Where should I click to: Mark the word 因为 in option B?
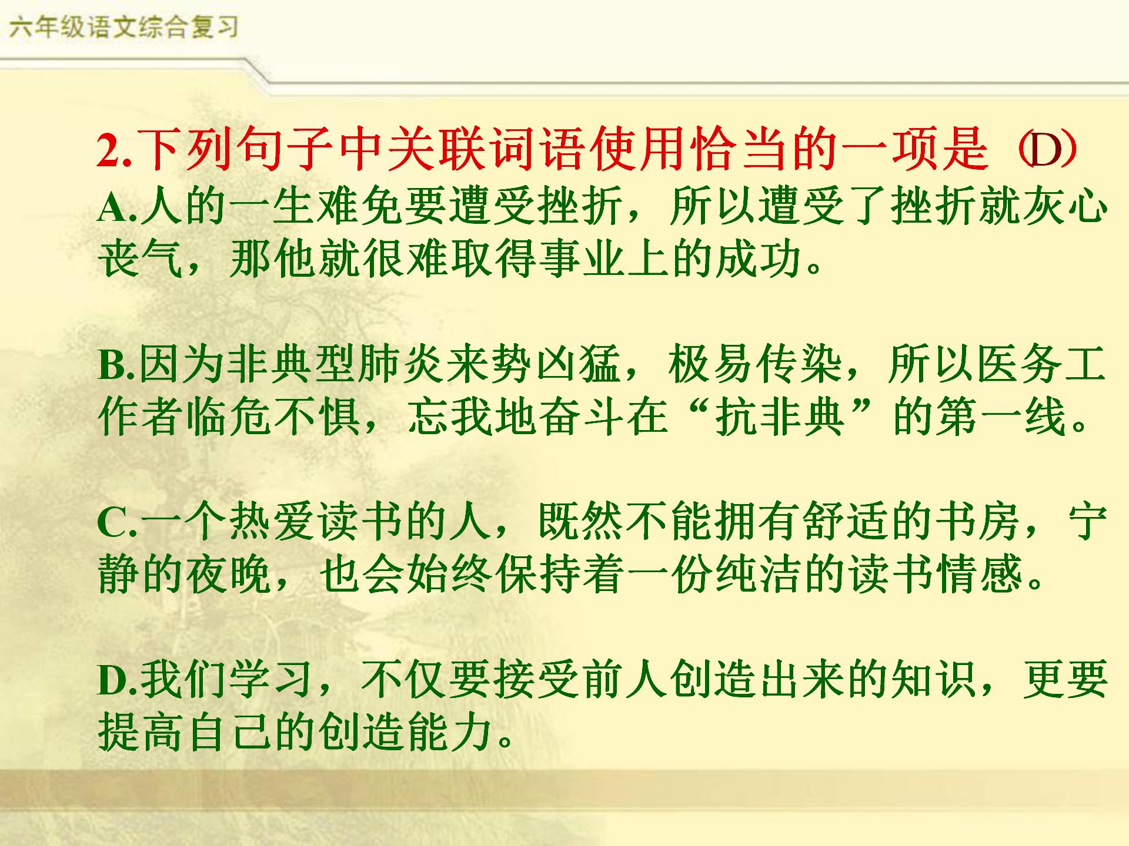pyautogui.click(x=182, y=364)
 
